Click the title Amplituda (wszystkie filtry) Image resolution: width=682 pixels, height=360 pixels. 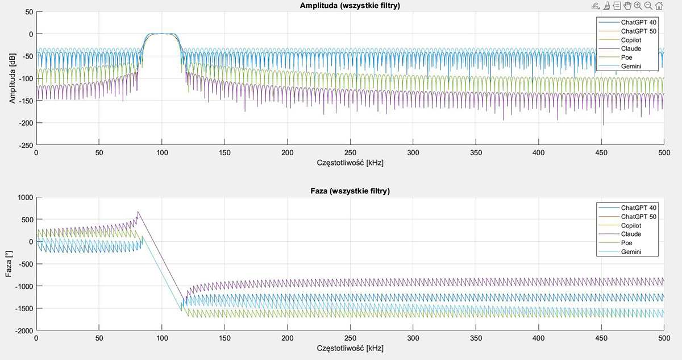pos(350,6)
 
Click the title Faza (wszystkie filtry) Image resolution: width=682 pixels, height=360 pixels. pos(350,192)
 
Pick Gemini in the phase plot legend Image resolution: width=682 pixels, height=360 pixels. pos(632,252)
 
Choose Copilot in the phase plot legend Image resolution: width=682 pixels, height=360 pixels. pos(634,225)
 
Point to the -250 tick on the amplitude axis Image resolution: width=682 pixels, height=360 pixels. pos(27,145)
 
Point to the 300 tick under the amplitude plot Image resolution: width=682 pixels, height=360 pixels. pos(413,152)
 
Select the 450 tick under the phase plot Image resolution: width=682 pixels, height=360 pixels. pos(602,338)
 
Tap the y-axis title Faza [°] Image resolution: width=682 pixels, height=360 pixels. pos(9,263)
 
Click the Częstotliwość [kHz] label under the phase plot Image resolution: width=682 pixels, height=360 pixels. pos(350,347)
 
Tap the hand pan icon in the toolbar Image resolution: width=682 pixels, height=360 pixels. pos(627,6)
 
